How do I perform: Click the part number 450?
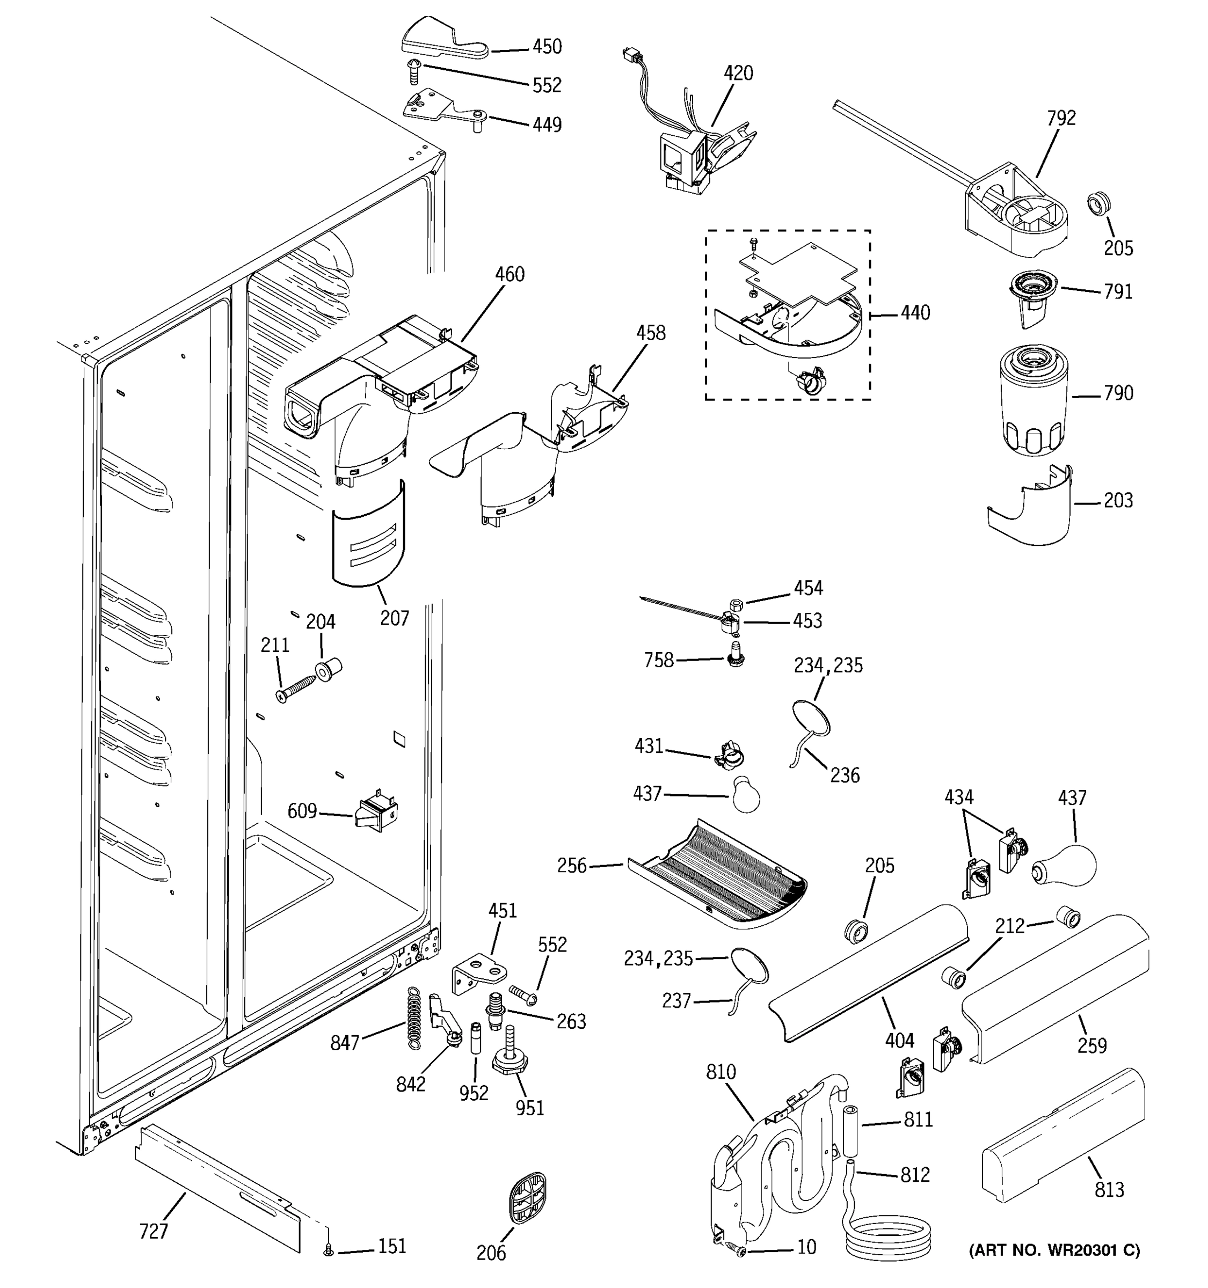547,47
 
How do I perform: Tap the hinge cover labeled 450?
445,40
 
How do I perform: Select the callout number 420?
738,73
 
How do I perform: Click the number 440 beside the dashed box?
915,313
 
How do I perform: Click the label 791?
1118,292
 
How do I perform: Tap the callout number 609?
302,810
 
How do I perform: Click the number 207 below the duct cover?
394,619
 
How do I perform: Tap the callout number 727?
154,1231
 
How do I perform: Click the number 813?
1110,1189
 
